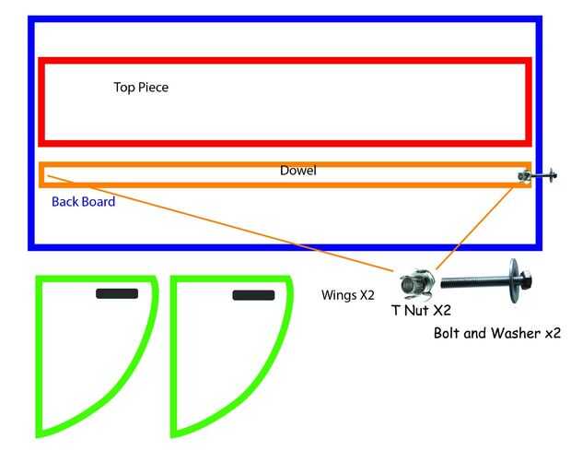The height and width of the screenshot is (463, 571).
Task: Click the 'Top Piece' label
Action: pos(141,88)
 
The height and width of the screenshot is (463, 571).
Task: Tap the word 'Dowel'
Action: pos(297,171)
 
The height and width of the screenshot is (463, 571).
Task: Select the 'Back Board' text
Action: pos(84,202)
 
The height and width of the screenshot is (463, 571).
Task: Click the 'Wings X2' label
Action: pos(348,295)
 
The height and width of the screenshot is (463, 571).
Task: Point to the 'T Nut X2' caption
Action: pos(421,310)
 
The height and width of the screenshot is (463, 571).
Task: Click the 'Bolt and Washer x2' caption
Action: pos(497,333)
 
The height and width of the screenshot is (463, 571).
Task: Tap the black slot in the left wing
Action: pos(117,293)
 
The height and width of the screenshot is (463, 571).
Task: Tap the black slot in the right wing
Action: pos(253,295)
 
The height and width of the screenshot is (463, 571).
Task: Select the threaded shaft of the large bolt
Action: pos(473,282)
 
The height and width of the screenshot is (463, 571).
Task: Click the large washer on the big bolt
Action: pos(514,280)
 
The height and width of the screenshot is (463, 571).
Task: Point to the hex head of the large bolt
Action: pos(525,280)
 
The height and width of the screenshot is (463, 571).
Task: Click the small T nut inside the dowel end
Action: pos(524,176)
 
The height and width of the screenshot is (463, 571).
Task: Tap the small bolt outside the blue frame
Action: pos(543,176)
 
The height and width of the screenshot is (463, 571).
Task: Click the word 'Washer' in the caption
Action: pos(516,333)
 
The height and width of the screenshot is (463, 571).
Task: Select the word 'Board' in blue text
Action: pos(99,202)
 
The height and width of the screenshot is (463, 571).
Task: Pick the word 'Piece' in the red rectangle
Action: pos(153,88)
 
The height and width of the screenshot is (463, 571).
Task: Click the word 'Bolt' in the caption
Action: pos(448,333)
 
